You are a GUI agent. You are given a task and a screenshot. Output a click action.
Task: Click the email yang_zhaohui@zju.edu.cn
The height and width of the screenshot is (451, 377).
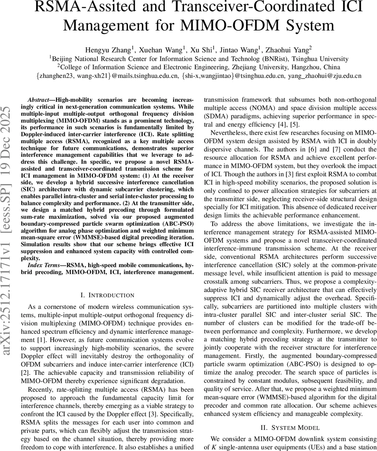[324, 76]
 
